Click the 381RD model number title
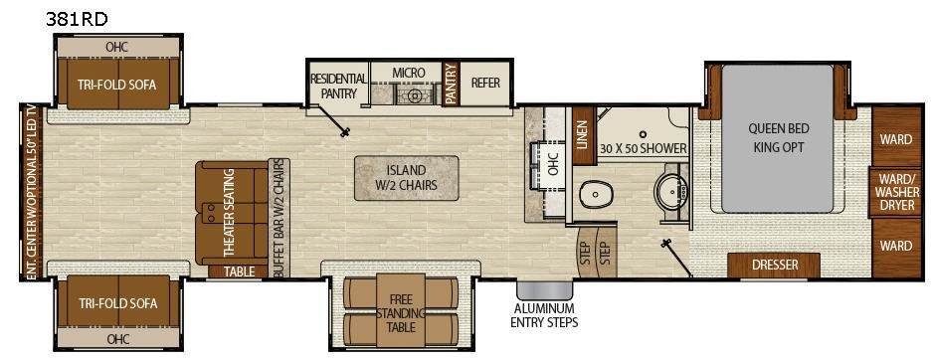pos(77,19)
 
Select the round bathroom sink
pos(670,191)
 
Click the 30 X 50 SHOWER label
pos(644,148)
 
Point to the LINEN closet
pos(583,135)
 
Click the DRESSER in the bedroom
pos(774,265)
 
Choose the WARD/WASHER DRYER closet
pos(895,192)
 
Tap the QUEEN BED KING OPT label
pos(778,137)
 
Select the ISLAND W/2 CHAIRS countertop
pos(407,178)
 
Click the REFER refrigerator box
pos(485,84)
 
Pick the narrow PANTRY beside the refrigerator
pos(450,84)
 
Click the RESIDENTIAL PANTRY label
pos(338,86)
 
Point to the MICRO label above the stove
pos(408,73)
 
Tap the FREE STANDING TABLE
pos(401,312)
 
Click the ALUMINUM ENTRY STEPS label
pos(544,316)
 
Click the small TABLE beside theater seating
pos(239,271)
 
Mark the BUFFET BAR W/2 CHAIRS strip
pos(279,218)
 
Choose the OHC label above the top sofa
pos(116,47)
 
